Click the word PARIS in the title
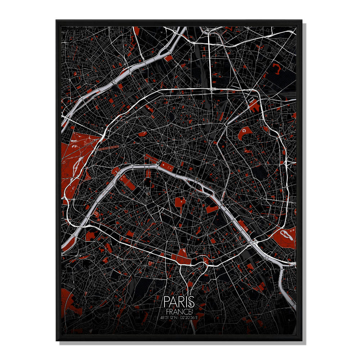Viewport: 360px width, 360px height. pos(179,302)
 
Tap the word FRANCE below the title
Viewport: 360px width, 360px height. pos(179,311)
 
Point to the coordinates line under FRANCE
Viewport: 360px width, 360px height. pos(179,318)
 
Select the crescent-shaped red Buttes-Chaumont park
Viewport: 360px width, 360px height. pos(245,134)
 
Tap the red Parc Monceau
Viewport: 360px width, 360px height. pos(141,134)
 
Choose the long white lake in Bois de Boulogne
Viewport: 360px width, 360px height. pos(76,166)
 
